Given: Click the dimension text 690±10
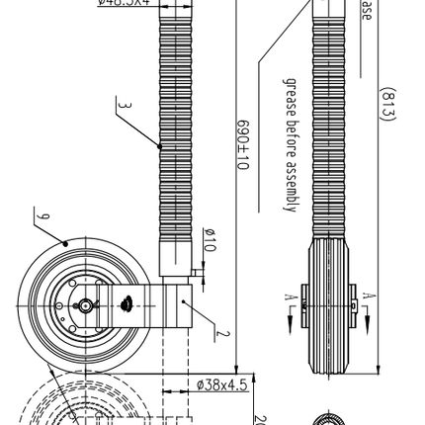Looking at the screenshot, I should (x=241, y=146).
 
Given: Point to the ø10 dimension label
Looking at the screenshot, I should (x=208, y=239).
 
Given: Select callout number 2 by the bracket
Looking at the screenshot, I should (x=225, y=334).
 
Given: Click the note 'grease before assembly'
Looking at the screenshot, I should (x=291, y=148).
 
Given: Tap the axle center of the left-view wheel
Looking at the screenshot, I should (x=86, y=306).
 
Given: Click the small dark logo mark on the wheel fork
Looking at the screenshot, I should (x=127, y=306).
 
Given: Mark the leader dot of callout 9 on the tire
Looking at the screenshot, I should (x=66, y=242).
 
